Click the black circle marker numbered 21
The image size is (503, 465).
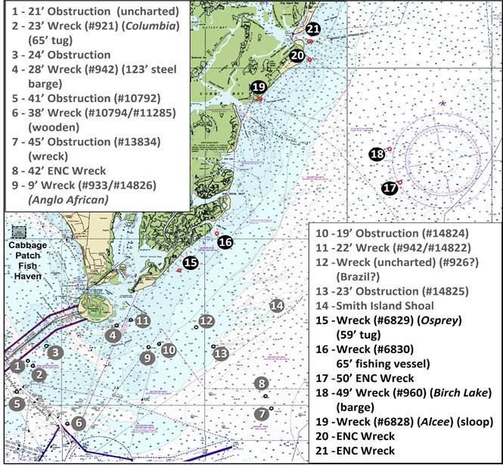313,30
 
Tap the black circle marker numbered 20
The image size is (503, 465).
297,56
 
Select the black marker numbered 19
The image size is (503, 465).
259,87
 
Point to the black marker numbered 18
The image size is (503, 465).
377,155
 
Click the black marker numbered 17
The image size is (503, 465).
390,188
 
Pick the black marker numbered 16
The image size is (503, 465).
225,243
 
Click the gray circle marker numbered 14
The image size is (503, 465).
277,305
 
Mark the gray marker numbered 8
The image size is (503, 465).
262,383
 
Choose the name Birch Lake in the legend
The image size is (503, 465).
461,391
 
